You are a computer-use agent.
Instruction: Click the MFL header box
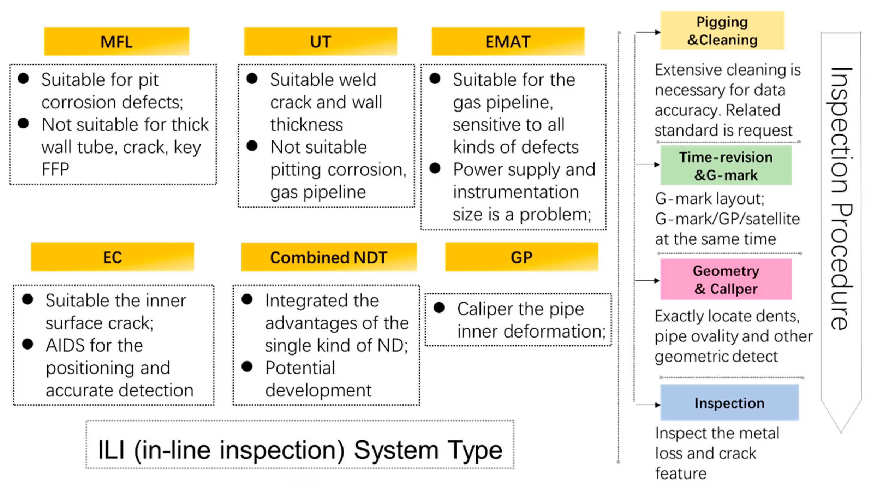point(116,41)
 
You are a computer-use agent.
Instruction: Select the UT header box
point(320,41)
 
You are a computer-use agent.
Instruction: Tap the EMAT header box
point(508,41)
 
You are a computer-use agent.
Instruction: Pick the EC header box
point(112,257)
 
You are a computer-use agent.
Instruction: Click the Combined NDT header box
point(329,257)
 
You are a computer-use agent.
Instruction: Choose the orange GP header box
point(521,257)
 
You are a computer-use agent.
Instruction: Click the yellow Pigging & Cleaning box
point(722,31)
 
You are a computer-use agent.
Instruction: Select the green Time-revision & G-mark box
point(726,166)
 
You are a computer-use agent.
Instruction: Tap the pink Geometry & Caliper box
point(726,279)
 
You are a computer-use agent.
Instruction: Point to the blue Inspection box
point(729,403)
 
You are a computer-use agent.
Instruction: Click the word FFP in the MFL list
point(55,169)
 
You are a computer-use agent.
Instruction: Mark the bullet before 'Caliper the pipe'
point(439,308)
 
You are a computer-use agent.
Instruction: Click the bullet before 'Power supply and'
point(435,168)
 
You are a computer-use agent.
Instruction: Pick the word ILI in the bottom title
point(111,450)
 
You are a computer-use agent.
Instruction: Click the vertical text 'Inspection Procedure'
point(841,199)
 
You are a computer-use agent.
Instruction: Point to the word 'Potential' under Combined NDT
point(300,368)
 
